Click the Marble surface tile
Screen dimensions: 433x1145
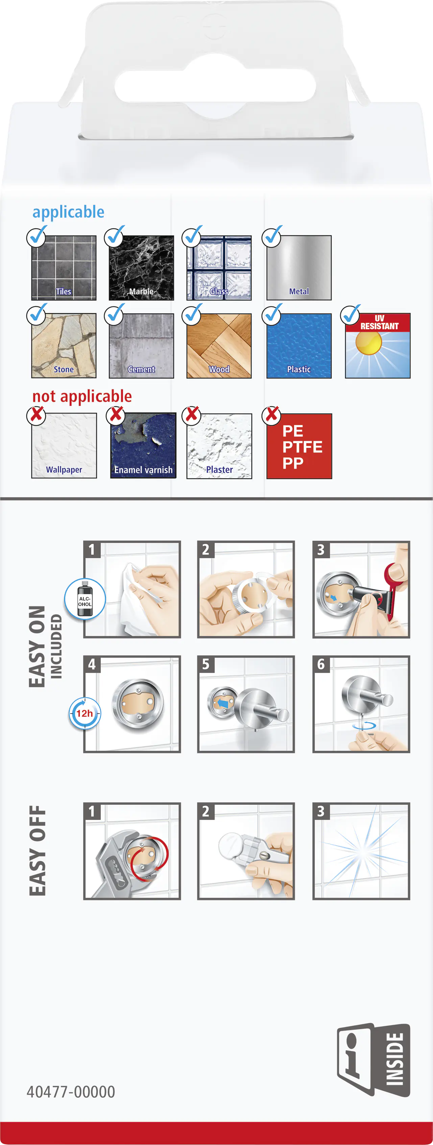click(x=141, y=268)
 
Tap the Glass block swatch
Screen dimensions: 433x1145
click(x=219, y=268)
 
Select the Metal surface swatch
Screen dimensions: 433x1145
click(x=299, y=268)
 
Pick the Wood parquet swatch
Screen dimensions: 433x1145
click(x=219, y=346)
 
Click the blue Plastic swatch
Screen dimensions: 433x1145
click(x=299, y=346)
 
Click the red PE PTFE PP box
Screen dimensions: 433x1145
click(x=299, y=446)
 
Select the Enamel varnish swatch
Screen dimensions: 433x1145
click(x=143, y=446)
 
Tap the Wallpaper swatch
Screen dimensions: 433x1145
click(x=64, y=446)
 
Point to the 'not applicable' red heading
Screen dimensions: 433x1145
click(x=82, y=396)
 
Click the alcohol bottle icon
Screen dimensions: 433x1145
click(x=85, y=599)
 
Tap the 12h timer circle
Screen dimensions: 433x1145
click(x=85, y=713)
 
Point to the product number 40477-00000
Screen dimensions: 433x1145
click(x=71, y=1092)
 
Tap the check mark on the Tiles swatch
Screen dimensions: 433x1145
click(x=37, y=236)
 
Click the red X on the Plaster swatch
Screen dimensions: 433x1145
click(x=192, y=414)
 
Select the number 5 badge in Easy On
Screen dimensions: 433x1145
click(x=206, y=664)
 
